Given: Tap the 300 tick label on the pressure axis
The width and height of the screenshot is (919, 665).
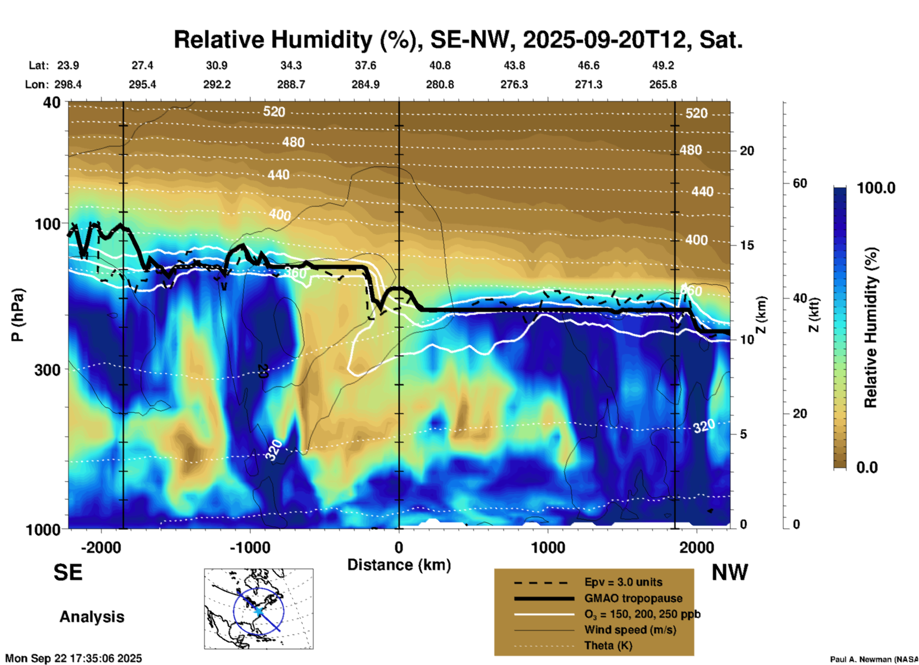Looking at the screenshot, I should (48, 370).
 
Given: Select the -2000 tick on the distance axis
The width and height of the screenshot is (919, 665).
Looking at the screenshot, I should (101, 547).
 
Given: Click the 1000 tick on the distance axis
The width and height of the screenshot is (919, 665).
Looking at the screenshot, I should (548, 547).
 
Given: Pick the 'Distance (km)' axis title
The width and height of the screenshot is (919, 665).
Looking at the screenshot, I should (399, 565).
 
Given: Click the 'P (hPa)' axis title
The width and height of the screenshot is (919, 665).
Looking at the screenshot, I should (17, 315).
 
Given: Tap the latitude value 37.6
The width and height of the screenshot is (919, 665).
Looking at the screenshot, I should (366, 65).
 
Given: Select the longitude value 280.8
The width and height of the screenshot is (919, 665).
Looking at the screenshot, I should (440, 84).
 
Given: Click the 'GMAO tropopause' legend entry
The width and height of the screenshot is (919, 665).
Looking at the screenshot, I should (633, 598).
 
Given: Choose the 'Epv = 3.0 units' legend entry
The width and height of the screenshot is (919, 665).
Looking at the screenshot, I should (623, 582).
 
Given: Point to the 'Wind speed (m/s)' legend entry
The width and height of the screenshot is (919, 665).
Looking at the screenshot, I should (630, 630).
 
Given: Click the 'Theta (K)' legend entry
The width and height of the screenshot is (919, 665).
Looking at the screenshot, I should (608, 645).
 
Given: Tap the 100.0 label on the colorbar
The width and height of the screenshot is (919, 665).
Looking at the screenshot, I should (876, 188).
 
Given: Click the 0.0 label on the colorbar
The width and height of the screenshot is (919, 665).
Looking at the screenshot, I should (867, 468).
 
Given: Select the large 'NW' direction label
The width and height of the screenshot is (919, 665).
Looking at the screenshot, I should (730, 572).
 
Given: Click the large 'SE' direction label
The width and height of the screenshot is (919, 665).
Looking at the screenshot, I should (68, 572).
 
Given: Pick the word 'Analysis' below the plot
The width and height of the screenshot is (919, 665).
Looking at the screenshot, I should (92, 617).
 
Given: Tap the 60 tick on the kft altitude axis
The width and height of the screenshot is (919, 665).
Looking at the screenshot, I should (800, 183).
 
